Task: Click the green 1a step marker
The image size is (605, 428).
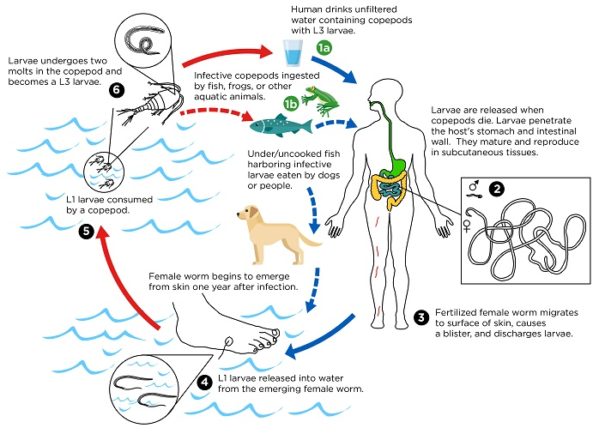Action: point(324,48)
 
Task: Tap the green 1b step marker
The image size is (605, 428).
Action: point(291,103)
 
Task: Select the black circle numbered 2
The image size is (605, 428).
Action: point(497,189)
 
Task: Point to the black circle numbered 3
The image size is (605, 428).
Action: point(421,317)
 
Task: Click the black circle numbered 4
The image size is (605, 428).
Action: point(204,383)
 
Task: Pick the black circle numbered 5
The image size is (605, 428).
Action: point(87,231)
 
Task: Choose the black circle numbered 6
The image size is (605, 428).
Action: point(117,90)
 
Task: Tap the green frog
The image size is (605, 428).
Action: point(320,99)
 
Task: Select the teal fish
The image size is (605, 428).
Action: point(281,125)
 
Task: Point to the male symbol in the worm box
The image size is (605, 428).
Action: point(475,185)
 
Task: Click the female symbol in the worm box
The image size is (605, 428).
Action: point(467,226)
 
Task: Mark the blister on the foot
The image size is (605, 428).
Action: point(228,341)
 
